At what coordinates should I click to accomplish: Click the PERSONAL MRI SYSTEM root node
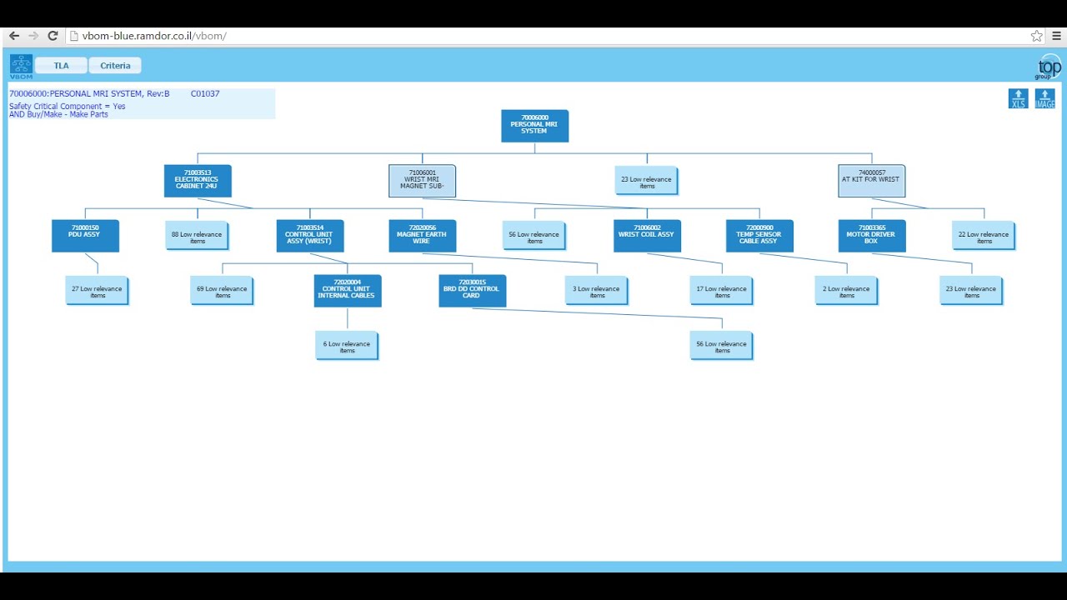tap(534, 126)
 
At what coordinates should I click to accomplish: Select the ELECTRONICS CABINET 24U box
tap(198, 181)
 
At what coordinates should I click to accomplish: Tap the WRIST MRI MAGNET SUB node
tap(422, 181)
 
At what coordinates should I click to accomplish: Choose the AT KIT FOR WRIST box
tap(871, 181)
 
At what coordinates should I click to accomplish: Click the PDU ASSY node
tap(85, 236)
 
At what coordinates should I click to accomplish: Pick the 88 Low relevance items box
tap(197, 236)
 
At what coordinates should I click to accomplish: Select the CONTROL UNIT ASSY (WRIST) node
tap(309, 236)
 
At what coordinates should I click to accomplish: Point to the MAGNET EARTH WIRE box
tap(422, 236)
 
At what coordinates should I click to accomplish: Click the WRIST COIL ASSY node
tap(647, 236)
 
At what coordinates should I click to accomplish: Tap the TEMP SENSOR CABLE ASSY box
tap(759, 236)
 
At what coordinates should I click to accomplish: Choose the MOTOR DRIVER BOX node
tap(871, 236)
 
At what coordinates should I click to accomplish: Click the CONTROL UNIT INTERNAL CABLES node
tap(348, 291)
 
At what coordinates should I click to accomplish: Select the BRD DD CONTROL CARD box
tap(472, 291)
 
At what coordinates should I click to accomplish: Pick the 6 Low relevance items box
tap(347, 346)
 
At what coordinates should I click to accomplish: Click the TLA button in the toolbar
tap(61, 66)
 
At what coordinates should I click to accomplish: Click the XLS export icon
tap(1018, 98)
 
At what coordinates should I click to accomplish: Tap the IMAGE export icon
tap(1044, 98)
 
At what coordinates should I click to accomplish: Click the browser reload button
tap(53, 36)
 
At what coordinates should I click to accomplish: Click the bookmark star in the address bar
tap(1036, 36)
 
